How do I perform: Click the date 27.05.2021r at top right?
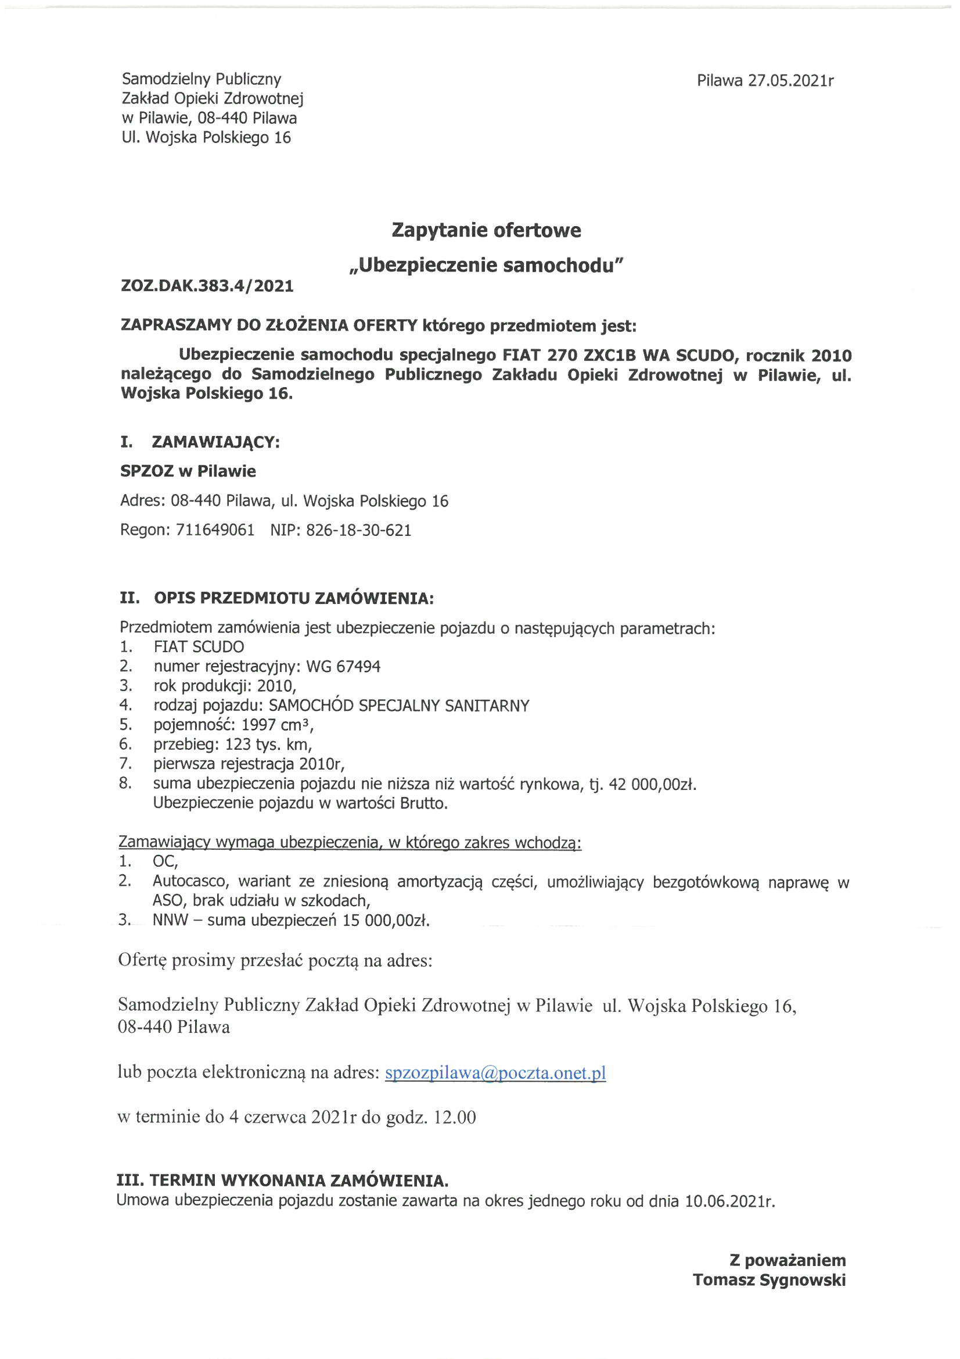[x=791, y=80]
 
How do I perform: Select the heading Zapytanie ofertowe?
[x=486, y=230]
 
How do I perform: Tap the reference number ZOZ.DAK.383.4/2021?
[x=207, y=287]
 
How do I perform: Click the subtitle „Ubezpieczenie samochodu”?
[x=486, y=266]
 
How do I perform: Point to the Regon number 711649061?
[x=215, y=530]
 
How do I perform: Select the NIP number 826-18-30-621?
[x=358, y=530]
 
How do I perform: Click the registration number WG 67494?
[x=343, y=667]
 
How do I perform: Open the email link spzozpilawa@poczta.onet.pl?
[x=495, y=1073]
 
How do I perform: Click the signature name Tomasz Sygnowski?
[x=769, y=1280]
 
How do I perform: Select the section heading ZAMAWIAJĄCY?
[x=215, y=442]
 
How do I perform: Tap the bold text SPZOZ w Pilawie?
[x=188, y=471]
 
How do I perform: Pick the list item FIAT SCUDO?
[x=199, y=647]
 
